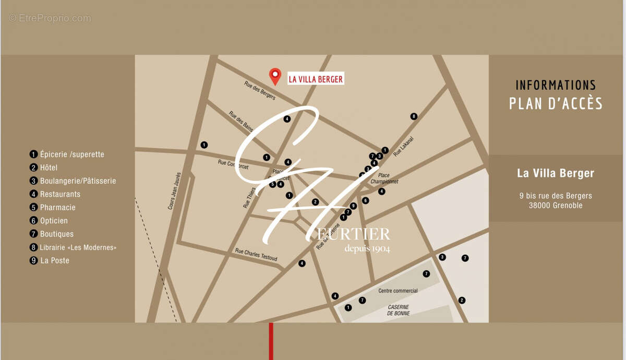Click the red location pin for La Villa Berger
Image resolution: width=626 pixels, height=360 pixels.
[274, 76]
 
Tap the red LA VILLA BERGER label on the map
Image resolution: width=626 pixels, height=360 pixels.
[316, 79]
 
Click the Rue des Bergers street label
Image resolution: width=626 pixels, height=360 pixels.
[259, 89]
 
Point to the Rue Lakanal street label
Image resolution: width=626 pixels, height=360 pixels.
[403, 149]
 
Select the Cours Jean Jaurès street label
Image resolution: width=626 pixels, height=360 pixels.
[175, 191]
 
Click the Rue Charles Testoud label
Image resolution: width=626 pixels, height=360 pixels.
[256, 255]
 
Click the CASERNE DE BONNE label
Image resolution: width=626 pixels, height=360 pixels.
[398, 310]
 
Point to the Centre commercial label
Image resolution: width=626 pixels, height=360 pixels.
[398, 291]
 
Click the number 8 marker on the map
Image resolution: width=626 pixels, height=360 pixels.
[414, 116]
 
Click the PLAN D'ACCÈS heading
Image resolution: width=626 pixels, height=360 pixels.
[556, 103]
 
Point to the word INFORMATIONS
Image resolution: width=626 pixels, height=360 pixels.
[556, 85]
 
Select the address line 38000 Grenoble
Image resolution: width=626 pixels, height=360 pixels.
[555, 205]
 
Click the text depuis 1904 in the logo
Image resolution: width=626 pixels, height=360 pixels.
[367, 248]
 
